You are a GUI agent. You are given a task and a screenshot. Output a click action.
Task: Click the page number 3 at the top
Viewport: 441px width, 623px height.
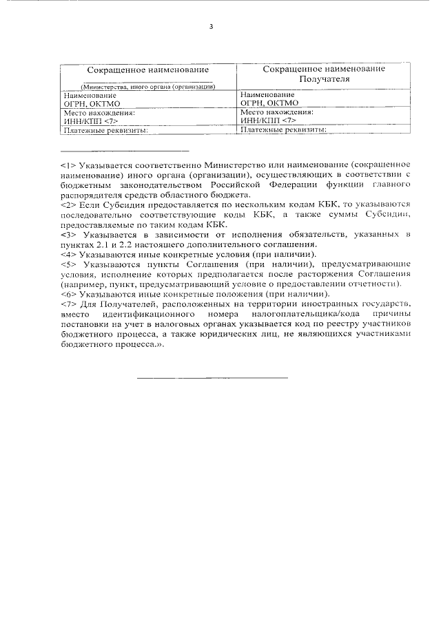click(x=212, y=27)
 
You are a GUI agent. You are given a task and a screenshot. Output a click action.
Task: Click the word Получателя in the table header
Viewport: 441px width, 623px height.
click(x=323, y=79)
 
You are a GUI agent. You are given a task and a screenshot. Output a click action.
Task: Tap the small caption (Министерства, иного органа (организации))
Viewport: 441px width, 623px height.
click(x=148, y=87)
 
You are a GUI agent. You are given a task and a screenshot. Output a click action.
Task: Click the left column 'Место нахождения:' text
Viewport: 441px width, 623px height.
click(x=99, y=112)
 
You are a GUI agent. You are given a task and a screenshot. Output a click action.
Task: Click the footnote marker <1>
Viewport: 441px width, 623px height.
click(x=68, y=166)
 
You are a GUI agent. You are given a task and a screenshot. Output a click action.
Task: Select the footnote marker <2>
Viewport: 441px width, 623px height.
click(x=68, y=205)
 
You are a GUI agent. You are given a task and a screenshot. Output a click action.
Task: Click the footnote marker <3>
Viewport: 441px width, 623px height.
click(x=68, y=235)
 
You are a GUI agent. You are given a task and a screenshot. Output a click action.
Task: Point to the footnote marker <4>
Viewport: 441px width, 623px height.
click(x=68, y=255)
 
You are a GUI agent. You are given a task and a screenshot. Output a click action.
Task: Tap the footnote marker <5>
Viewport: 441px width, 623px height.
click(x=68, y=264)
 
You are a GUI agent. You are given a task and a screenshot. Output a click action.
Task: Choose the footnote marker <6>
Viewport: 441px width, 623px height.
click(x=68, y=294)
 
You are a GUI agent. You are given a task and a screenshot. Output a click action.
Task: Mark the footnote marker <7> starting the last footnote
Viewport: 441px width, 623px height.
click(x=68, y=304)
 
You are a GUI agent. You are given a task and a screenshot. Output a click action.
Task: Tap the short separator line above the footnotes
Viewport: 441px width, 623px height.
click(x=124, y=150)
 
